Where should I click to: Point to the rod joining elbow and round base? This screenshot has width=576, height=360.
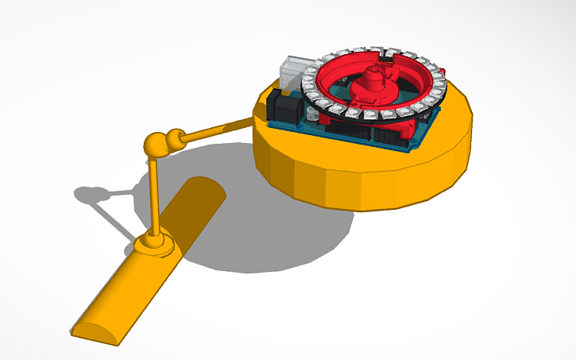215,130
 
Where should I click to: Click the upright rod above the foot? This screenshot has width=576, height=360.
156,195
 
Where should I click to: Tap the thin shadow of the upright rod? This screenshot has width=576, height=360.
115,219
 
